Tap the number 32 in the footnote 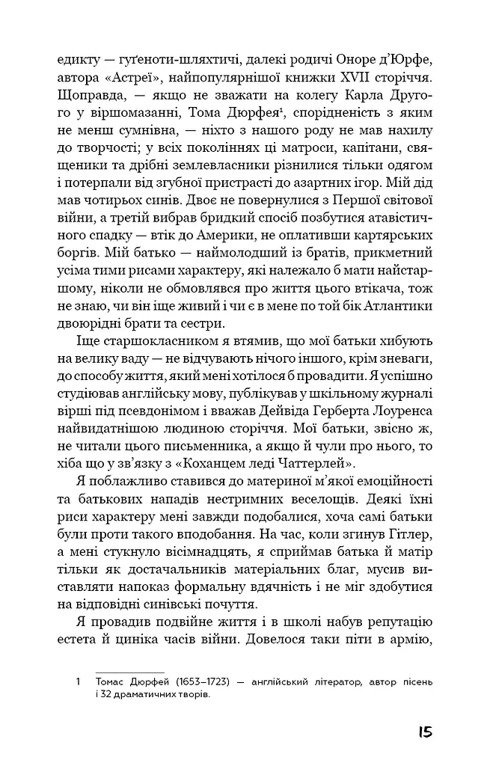tap(105, 695)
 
